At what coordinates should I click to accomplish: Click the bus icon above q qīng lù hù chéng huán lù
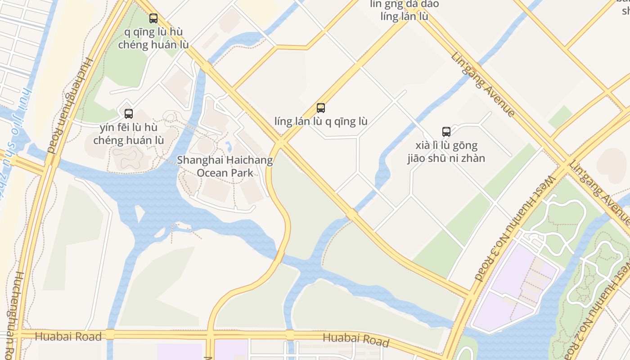[153, 18]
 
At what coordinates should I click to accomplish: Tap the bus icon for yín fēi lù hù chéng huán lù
[129, 113]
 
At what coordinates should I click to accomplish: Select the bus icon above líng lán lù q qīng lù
[320, 108]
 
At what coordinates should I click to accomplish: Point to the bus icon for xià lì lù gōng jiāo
[446, 132]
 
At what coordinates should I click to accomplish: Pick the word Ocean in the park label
[213, 173]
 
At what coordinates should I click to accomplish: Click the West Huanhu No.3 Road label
[516, 228]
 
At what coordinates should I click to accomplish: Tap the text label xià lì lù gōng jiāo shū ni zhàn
[446, 152]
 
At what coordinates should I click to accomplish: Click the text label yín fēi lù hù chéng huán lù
[129, 134]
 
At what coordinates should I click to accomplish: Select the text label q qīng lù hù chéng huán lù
[153, 38]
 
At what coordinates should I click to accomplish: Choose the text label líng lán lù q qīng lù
[321, 121]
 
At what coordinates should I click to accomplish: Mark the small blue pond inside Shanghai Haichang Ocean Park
[229, 146]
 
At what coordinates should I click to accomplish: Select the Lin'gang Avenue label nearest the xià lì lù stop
[483, 84]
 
